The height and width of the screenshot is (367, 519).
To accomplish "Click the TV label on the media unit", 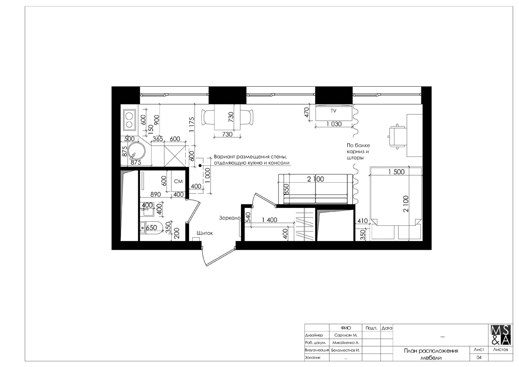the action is [333, 111].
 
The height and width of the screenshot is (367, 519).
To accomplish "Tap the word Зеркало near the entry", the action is [230, 218].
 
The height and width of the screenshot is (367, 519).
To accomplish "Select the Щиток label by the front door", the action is [204, 233].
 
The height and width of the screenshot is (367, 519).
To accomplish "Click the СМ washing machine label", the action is [178, 181].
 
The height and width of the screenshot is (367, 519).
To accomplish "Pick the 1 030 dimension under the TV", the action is [334, 124].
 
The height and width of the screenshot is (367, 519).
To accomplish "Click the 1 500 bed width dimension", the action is [396, 172].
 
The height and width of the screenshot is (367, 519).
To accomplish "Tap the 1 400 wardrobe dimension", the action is [269, 220].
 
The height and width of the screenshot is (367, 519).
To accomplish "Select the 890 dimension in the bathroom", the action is [156, 194].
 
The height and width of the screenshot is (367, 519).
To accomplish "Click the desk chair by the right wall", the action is [396, 136].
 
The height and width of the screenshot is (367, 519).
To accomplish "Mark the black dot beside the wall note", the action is [200, 165].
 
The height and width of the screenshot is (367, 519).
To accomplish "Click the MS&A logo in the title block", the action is [500, 335].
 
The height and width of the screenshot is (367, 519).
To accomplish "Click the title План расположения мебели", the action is [431, 354].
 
